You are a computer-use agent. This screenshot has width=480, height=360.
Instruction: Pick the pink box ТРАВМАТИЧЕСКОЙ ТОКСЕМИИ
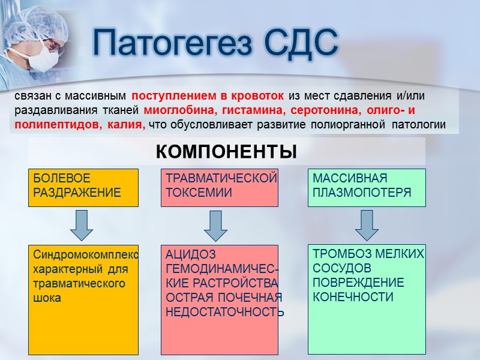pyautogui.click(x=220, y=187)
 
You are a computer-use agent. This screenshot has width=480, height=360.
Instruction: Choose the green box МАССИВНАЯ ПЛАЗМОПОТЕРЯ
pyautogui.click(x=366, y=187)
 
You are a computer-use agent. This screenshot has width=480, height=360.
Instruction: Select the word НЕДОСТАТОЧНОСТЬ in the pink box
pyautogui.click(x=224, y=311)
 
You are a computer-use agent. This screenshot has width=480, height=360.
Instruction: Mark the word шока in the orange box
pyautogui.click(x=47, y=297)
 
